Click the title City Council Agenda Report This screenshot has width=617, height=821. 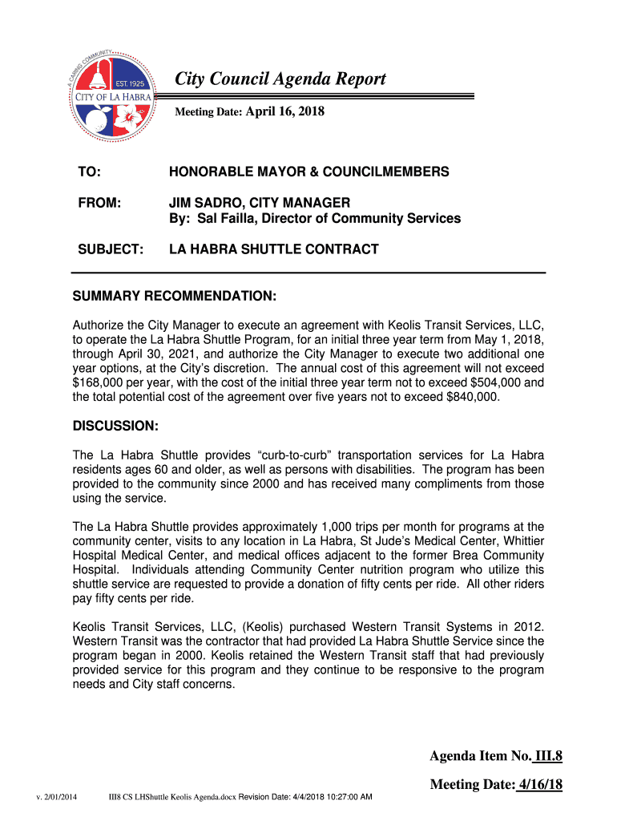(280, 79)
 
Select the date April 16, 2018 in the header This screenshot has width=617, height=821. (284, 111)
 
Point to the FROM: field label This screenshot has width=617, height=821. (99, 204)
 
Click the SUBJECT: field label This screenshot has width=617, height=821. (111, 249)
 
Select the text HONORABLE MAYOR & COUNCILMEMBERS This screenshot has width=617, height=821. (308, 172)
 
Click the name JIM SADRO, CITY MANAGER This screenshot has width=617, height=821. (259, 204)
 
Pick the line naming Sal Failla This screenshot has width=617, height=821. (314, 219)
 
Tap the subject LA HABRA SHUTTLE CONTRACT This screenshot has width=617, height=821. (273, 249)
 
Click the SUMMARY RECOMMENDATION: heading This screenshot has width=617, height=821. (174, 297)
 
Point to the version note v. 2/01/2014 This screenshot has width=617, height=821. (55, 797)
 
